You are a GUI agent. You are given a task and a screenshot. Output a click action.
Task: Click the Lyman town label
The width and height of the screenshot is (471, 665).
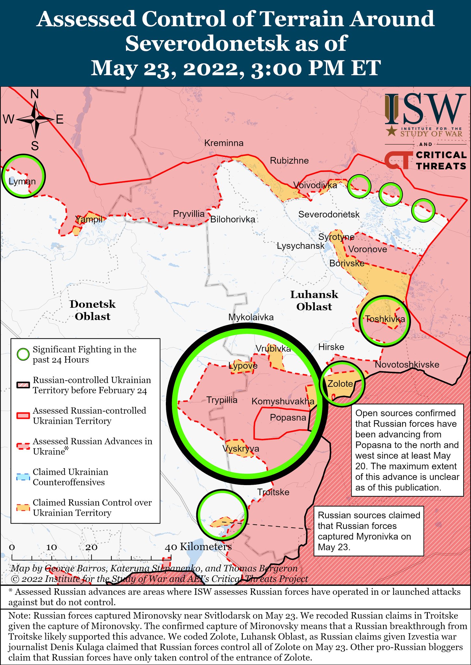point(22,181)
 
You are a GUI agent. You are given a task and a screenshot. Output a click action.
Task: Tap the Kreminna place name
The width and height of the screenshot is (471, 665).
point(224,143)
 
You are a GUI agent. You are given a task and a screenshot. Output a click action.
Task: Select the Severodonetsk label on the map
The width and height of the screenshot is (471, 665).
point(329,214)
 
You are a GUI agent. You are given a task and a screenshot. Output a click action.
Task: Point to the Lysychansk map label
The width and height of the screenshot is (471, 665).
point(301,246)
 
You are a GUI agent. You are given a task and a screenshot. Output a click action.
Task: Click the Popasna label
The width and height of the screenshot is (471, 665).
point(288,418)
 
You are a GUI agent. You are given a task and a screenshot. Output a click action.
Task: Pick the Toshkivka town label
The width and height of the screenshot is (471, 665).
point(385,319)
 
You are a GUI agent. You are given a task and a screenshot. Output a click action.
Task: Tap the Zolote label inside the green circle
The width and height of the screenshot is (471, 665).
point(340,384)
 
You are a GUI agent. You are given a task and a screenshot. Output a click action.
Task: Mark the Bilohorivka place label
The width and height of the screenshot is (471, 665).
point(233,220)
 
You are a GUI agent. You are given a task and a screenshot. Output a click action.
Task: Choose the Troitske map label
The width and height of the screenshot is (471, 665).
point(273,492)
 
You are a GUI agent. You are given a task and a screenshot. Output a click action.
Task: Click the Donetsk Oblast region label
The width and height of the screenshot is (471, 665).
point(93,310)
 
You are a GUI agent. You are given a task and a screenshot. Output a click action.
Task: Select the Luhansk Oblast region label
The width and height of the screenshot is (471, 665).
point(314,300)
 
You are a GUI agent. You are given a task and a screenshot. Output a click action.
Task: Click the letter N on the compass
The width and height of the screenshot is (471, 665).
point(35,94)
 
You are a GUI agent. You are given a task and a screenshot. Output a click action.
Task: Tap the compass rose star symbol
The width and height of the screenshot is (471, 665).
point(35,120)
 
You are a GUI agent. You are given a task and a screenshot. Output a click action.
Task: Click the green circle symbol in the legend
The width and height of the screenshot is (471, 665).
point(23,355)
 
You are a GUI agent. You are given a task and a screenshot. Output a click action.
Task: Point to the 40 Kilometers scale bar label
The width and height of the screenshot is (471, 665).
point(198,547)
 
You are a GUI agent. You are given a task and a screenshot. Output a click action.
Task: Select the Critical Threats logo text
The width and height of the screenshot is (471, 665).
point(441,160)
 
